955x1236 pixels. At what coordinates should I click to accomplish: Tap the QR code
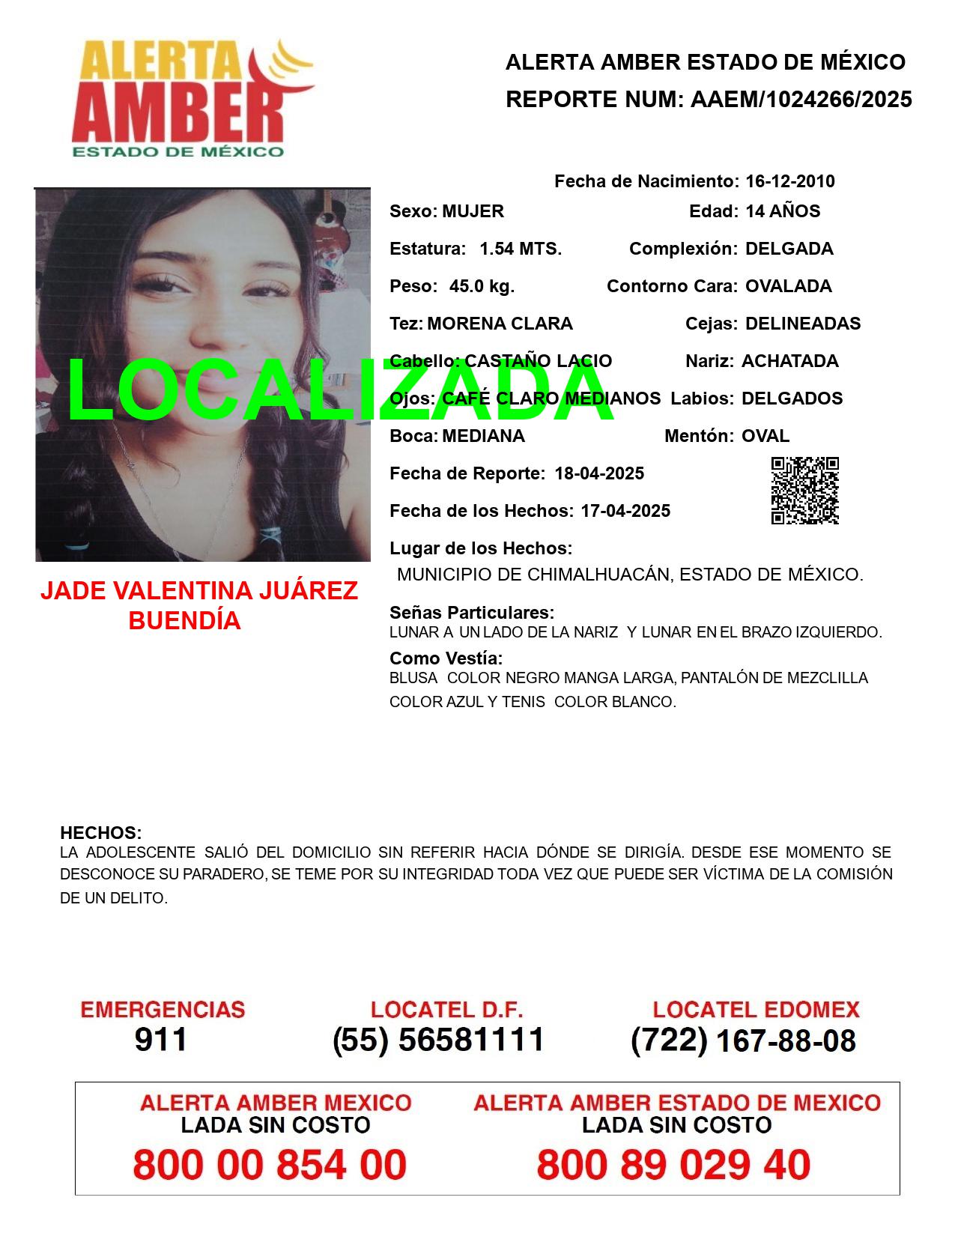point(804,491)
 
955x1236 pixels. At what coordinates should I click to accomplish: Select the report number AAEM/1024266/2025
point(801,99)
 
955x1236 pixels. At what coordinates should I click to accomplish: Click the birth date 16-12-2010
point(789,181)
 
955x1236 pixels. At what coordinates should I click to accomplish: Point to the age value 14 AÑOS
point(782,211)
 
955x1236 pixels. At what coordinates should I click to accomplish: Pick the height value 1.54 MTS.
point(521,249)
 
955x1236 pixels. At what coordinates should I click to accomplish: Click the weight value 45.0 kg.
point(482,286)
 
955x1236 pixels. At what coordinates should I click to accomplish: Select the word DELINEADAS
point(803,324)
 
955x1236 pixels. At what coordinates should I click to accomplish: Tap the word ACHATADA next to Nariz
point(789,361)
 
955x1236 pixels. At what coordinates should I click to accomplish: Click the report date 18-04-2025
point(599,473)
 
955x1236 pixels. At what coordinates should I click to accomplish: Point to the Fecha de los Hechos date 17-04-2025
point(625,511)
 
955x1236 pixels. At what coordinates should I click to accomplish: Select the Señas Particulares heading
point(472,612)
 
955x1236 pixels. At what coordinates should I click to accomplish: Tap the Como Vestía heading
point(446,658)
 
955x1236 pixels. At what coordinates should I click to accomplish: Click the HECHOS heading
point(100,833)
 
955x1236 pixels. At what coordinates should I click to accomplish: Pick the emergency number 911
point(160,1040)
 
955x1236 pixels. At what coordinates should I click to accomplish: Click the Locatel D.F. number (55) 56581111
point(438,1040)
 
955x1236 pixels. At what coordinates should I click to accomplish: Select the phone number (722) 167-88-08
point(743,1040)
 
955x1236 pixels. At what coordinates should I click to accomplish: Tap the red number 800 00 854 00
point(270,1165)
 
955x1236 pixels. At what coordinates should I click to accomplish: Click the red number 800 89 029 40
point(673,1165)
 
